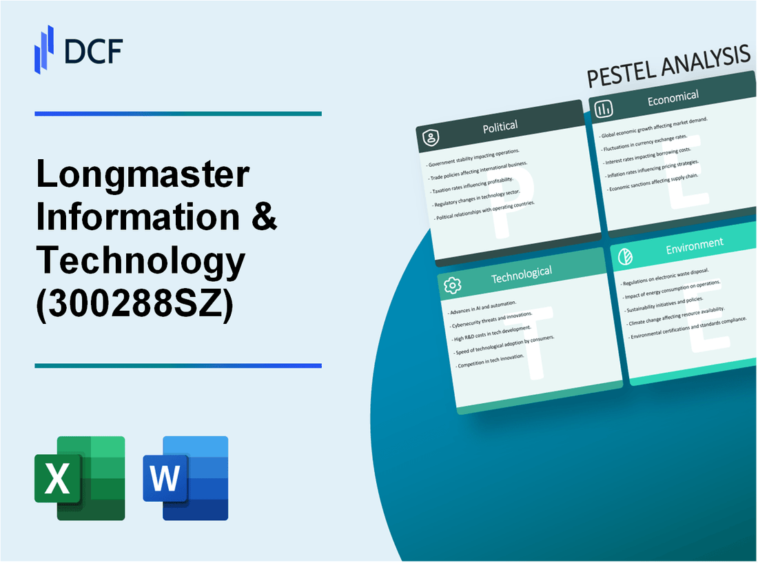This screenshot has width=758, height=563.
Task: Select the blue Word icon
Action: [185, 478]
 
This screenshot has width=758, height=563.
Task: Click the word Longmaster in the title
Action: [143, 176]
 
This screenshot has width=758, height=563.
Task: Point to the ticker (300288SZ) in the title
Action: [135, 300]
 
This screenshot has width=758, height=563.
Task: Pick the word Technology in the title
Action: [141, 259]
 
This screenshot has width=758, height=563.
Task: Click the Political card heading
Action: [501, 127]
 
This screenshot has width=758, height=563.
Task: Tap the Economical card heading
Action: [673, 99]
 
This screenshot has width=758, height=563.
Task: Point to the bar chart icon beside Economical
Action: [604, 109]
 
